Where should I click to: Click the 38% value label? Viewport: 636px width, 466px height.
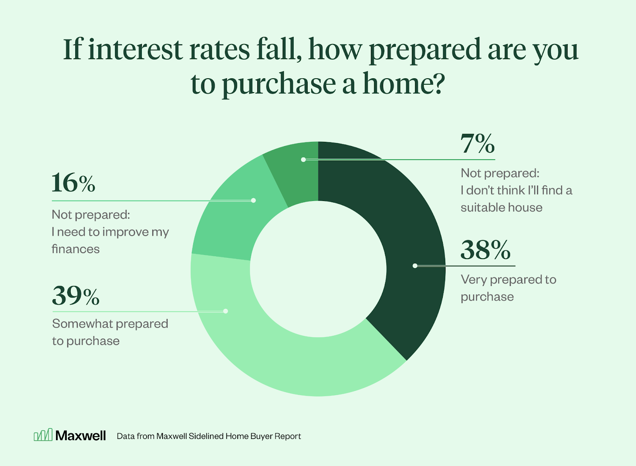(x=485, y=250)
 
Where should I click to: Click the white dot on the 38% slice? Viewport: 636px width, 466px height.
(x=415, y=266)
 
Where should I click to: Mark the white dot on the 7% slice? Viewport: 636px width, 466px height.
(x=303, y=159)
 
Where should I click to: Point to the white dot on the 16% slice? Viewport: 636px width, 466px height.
(x=253, y=200)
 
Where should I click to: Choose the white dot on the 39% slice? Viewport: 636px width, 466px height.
(x=225, y=311)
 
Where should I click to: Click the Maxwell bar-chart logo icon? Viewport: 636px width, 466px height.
(x=43, y=435)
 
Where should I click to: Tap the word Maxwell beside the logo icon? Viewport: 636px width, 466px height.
(x=81, y=435)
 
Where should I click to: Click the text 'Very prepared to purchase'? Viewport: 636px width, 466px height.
(x=508, y=288)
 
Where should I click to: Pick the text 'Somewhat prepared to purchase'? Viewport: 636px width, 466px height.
(x=110, y=332)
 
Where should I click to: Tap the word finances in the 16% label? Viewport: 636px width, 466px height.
(x=76, y=249)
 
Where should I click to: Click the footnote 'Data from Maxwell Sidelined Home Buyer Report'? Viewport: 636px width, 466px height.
(x=209, y=436)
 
